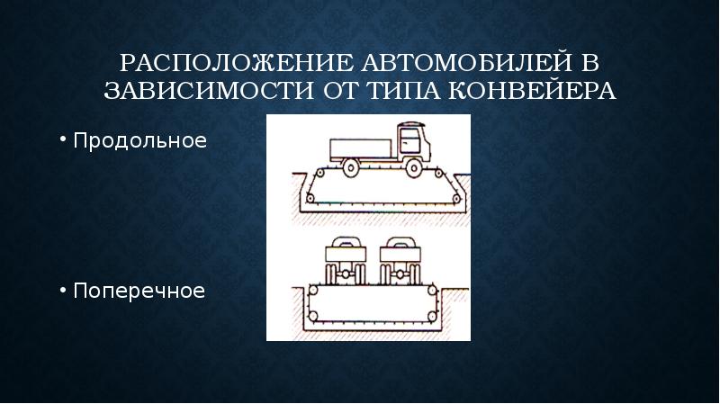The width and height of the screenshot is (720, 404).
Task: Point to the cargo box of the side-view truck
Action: click(x=360, y=148)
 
